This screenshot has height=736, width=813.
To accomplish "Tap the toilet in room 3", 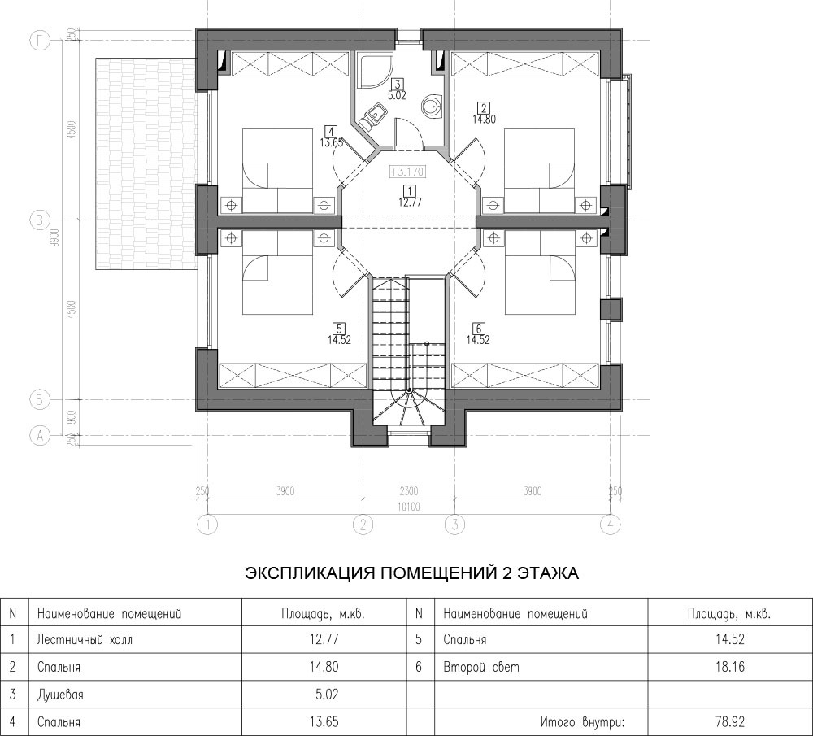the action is coord(372,116).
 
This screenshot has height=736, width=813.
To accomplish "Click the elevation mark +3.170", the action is coord(407,172).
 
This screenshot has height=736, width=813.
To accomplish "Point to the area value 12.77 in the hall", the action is coord(410,203).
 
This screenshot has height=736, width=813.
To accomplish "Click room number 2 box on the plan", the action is coord(483,108).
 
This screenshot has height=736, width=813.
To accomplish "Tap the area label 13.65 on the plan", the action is coord(332,142).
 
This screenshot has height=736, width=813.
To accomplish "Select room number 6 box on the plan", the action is coord(478,329).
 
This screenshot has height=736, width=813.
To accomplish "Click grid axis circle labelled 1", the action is coord(208,525).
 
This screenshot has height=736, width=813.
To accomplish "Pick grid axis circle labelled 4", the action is coord(611,525).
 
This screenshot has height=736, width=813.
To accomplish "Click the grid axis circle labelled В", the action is coord(39,220).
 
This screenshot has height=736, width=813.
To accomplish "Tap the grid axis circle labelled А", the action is coord(39,436).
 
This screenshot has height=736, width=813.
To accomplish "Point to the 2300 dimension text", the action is coord(409,491).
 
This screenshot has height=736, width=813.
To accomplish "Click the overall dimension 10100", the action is coord(409,507).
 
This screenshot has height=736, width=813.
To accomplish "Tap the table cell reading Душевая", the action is coord(60,694).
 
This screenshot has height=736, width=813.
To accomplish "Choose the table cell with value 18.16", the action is coord(729,667).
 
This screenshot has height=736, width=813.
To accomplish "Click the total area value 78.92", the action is coord(729,721).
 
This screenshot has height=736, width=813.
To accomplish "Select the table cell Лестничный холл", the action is coord(85,639).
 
